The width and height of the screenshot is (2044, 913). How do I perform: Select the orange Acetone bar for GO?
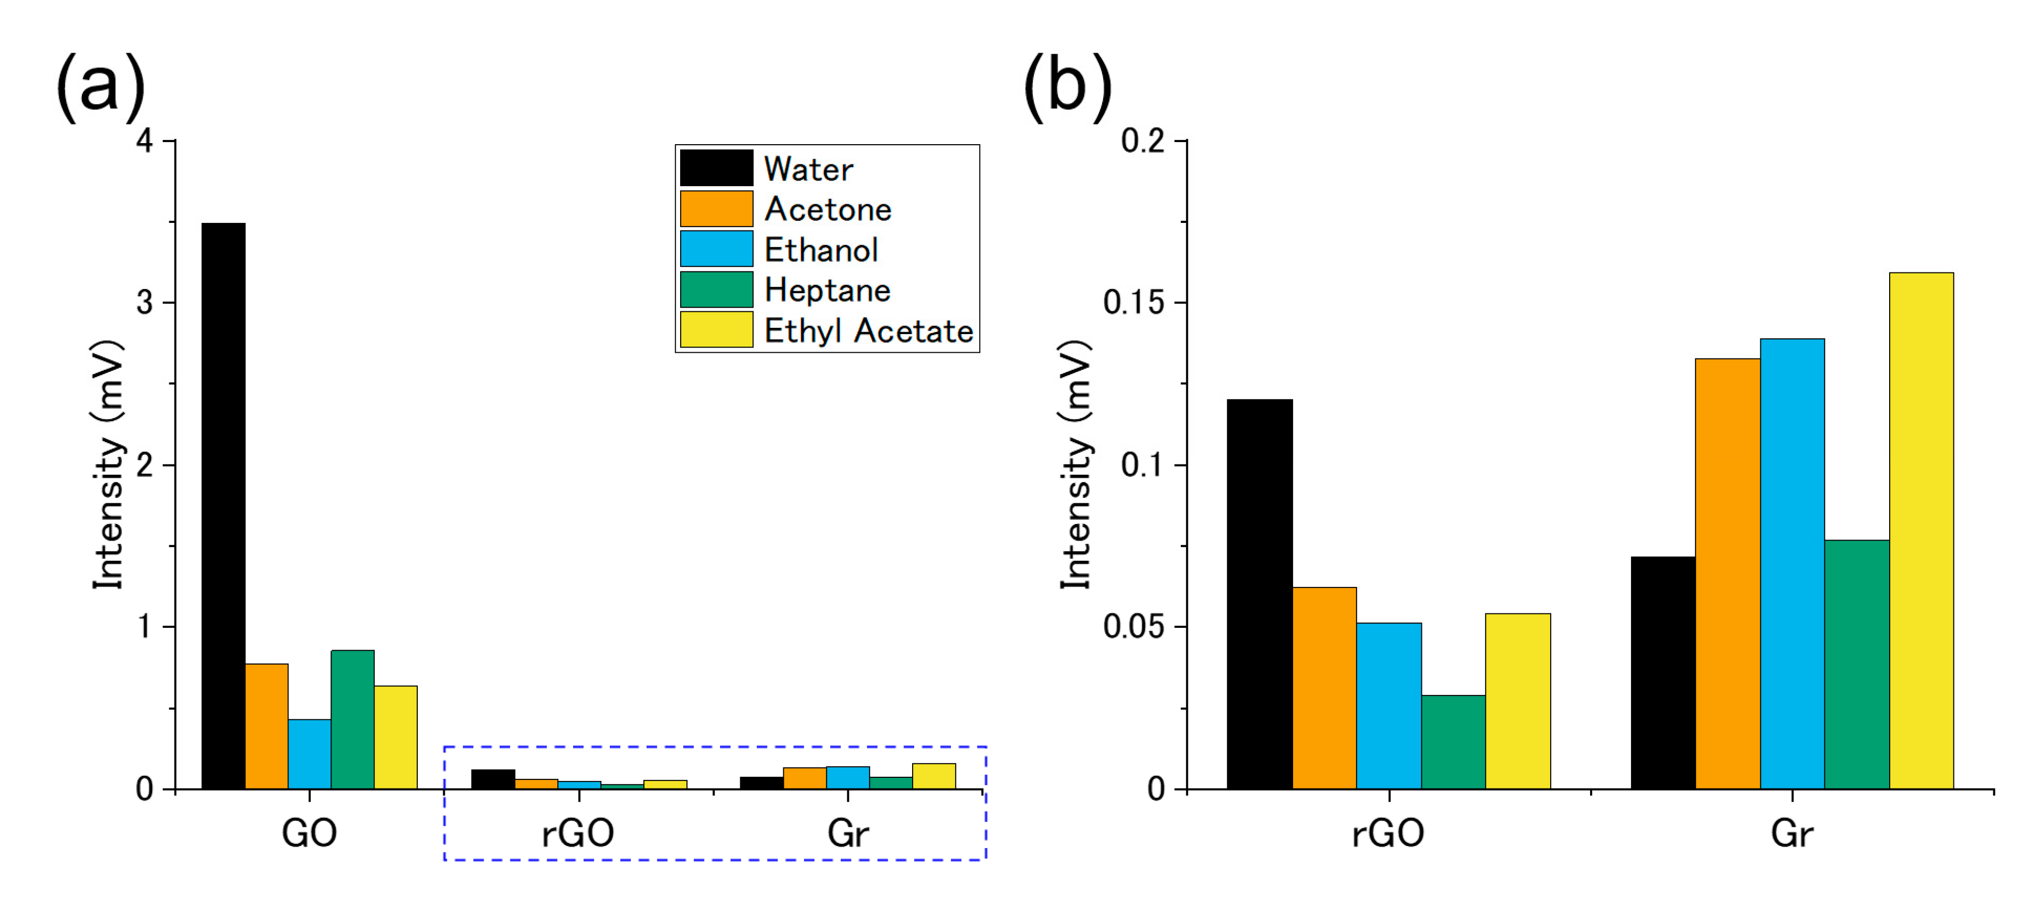[267, 726]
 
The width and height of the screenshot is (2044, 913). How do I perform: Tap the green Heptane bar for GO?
[352, 719]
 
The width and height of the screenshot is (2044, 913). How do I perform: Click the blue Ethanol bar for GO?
[310, 753]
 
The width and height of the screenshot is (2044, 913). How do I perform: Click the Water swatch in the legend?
[716, 168]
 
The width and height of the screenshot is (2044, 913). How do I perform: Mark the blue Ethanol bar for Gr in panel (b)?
[1792, 563]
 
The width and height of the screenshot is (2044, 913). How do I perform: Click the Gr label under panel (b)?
[1792, 833]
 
